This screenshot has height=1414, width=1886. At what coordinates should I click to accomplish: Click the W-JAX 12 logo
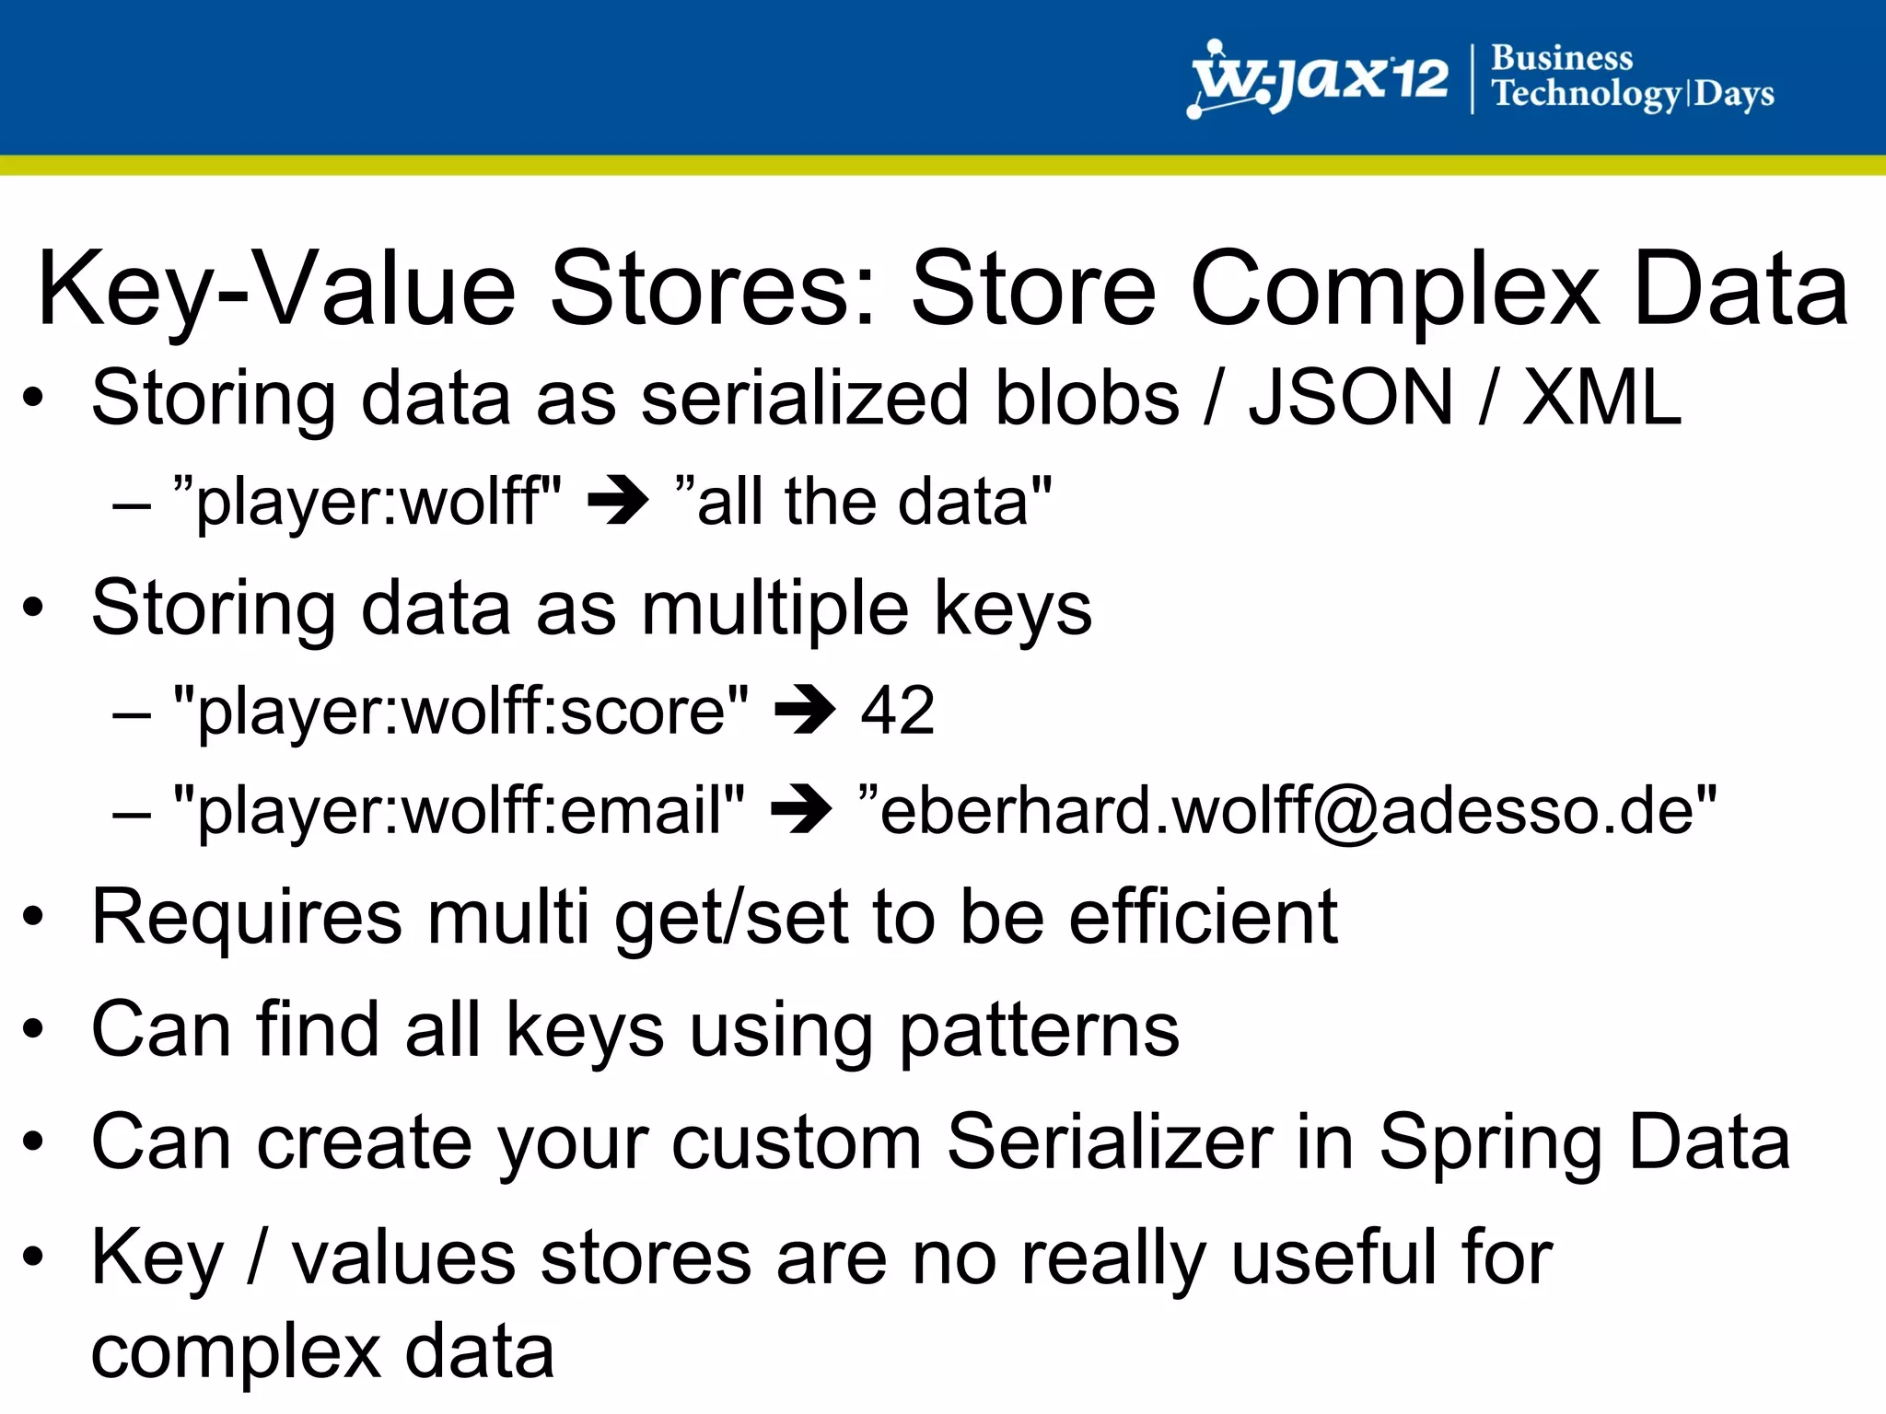tap(1319, 79)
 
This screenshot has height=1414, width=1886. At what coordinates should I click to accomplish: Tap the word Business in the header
tap(1562, 58)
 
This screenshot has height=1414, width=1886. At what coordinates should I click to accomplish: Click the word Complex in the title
tap(1394, 289)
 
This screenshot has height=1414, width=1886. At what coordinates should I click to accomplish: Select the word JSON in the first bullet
tap(1350, 398)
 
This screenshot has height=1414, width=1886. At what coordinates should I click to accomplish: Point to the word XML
tap(1601, 398)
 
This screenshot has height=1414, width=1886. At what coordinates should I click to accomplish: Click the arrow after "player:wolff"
tap(618, 502)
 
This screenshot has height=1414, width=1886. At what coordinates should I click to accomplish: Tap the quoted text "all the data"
tap(863, 502)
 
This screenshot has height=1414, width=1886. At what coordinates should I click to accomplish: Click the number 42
tap(898, 710)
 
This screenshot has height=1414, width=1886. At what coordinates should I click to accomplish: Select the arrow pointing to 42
tap(805, 710)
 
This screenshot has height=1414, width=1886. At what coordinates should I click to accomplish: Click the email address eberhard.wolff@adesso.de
tap(1286, 810)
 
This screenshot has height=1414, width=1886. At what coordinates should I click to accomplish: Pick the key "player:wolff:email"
tap(459, 810)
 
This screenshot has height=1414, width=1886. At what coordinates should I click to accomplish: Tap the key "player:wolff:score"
tap(460, 710)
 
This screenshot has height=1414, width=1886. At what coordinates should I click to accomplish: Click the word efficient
tap(1203, 917)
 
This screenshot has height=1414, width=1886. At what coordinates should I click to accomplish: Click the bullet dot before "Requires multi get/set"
tap(34, 917)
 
